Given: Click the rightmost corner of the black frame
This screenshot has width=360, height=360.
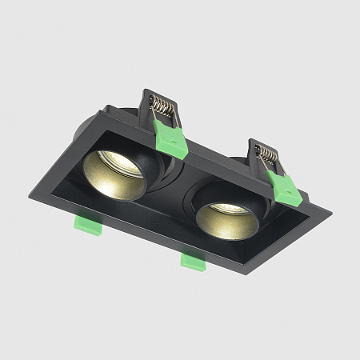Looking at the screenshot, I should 330,214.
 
